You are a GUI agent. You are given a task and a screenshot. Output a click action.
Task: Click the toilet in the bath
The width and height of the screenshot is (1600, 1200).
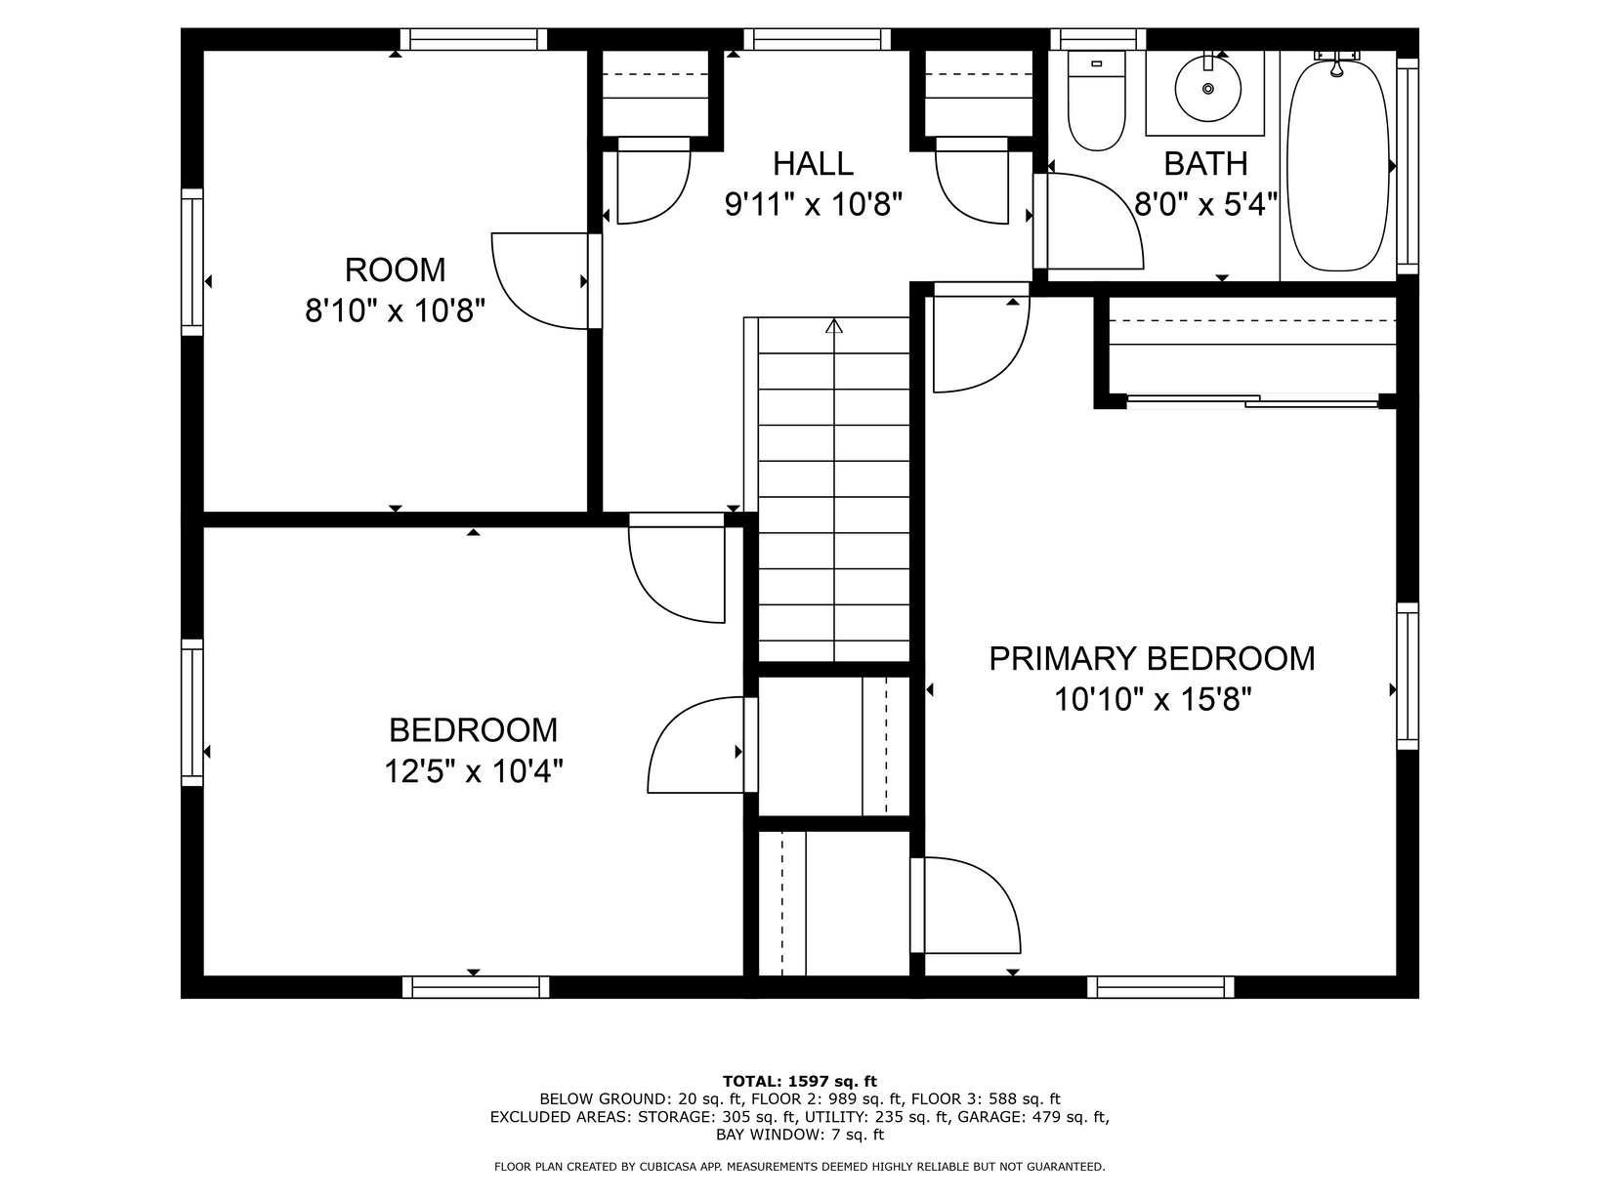tap(1096, 101)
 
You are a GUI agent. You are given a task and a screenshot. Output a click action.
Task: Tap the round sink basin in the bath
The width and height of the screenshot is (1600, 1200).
tap(1208, 89)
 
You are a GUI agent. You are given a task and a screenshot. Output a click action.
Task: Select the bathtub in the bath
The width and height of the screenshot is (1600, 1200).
tap(1337, 166)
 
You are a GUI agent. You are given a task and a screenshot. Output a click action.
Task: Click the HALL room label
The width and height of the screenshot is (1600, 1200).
tap(813, 164)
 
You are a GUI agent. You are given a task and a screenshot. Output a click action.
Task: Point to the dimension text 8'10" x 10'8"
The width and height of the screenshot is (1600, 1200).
tap(395, 311)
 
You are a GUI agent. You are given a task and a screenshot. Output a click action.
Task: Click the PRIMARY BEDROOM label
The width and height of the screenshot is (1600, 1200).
tap(1152, 659)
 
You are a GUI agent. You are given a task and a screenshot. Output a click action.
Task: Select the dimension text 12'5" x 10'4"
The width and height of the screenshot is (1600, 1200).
tap(474, 770)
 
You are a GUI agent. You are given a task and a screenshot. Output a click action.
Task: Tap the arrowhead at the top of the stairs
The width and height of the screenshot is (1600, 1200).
tap(834, 326)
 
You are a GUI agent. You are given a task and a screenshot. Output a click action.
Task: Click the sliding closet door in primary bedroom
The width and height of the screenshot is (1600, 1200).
tap(1252, 400)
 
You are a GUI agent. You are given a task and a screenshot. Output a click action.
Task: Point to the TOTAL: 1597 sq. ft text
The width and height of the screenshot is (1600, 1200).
tap(800, 1081)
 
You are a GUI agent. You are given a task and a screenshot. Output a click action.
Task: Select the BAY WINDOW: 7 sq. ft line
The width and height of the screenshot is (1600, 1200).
tap(800, 1135)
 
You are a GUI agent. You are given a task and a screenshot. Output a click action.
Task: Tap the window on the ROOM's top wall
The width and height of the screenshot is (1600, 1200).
tap(474, 39)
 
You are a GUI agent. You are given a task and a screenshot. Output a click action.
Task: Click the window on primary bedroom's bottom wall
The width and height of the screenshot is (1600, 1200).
tap(1160, 986)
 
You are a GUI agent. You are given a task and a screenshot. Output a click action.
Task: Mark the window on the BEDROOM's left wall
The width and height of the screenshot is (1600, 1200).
tap(192, 713)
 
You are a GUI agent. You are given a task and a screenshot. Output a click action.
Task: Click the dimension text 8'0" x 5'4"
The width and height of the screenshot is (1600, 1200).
tap(1205, 205)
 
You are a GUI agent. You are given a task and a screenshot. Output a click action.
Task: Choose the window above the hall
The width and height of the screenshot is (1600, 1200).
tap(818, 39)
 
